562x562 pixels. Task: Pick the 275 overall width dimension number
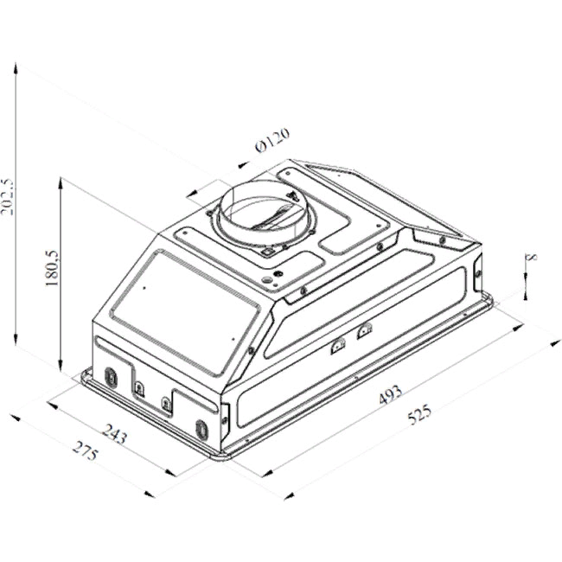pyautogui.click(x=84, y=452)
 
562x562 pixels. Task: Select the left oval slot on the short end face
pyautogui.click(x=112, y=376)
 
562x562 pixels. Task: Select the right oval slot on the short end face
pyautogui.click(x=201, y=428)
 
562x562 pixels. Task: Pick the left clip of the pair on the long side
pyautogui.click(x=337, y=344)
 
